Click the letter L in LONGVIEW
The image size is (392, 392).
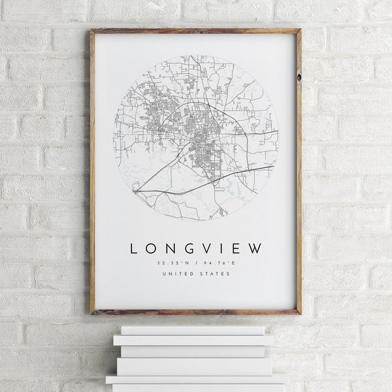tap(135, 249)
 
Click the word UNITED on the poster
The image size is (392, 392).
tap(178, 274)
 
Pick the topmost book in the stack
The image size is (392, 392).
tap(193, 330)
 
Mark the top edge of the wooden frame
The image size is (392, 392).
tap(196, 30)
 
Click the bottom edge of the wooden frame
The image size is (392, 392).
tap(196, 312)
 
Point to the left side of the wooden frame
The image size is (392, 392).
tap(92, 170)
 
